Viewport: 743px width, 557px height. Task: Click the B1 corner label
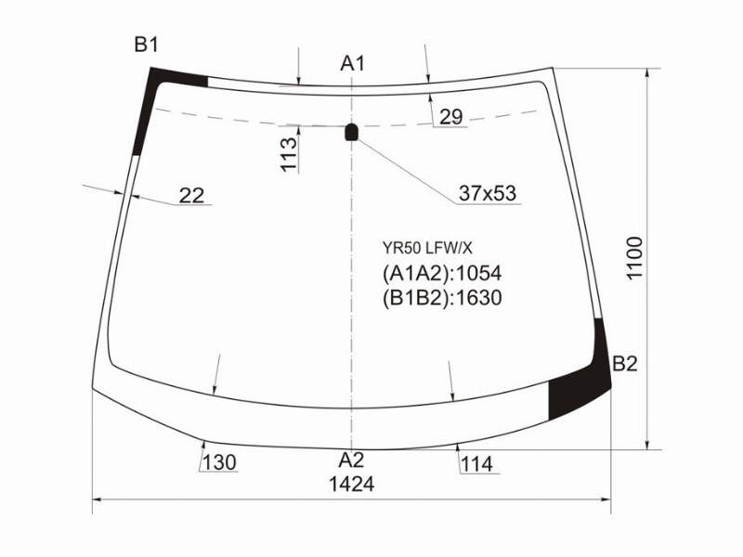[146, 45]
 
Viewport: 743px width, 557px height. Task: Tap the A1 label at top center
[352, 63]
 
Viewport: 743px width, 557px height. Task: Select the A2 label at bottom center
[351, 460]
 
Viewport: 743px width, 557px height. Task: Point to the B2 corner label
[625, 364]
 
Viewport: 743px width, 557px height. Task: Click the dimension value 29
[450, 117]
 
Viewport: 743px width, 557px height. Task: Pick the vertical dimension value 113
[289, 154]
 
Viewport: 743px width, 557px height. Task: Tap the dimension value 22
[191, 195]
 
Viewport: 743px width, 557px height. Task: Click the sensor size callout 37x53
[488, 193]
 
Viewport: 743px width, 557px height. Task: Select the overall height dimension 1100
[634, 258]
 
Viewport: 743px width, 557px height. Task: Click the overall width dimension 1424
[352, 484]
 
